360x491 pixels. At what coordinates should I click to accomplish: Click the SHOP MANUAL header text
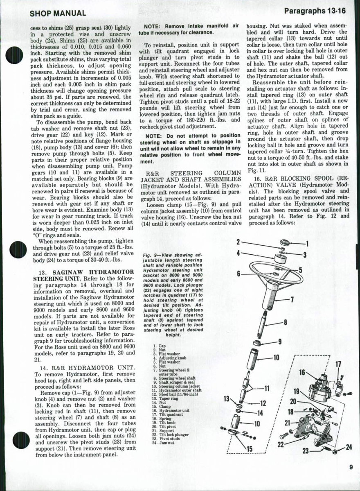click(58, 14)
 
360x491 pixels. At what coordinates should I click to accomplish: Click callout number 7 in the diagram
click(292, 299)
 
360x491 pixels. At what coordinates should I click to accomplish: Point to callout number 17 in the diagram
click(338, 364)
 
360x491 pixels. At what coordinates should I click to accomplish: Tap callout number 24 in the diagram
click(348, 446)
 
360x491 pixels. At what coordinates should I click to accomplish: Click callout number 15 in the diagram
click(249, 449)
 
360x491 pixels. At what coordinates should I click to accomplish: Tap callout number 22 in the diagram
click(281, 444)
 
